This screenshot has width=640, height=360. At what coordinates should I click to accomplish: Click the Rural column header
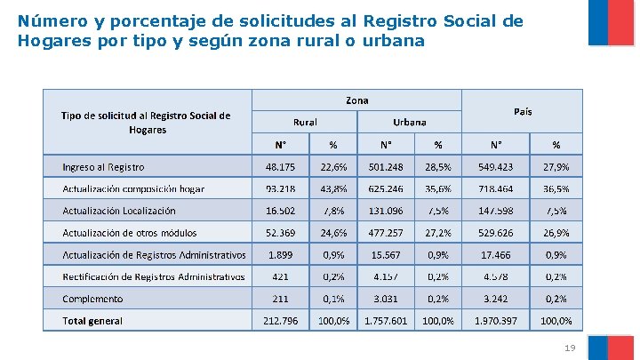305,122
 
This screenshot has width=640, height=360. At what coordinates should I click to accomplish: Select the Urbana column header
409,122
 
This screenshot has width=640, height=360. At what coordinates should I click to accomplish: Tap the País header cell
523,111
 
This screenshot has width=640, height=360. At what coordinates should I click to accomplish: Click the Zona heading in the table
356,100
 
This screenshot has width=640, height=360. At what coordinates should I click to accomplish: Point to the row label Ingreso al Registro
103,167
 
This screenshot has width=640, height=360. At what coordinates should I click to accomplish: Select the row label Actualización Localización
119,211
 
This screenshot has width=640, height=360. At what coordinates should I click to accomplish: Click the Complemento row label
92,299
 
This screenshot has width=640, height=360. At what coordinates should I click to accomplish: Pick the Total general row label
92,321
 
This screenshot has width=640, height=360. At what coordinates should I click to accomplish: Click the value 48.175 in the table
281,167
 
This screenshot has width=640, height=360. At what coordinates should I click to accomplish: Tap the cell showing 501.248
385,167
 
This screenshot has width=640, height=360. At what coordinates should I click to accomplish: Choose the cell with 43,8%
333,188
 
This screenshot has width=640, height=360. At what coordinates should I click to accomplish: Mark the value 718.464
495,188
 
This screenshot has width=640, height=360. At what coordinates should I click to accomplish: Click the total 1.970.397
495,321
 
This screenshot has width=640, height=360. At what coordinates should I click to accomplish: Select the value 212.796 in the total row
281,321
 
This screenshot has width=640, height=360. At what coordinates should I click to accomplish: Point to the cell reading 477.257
385,233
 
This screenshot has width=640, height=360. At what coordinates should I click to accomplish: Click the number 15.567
385,255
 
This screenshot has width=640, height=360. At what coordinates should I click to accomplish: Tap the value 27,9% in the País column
556,167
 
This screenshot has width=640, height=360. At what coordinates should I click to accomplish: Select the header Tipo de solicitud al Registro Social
146,116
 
